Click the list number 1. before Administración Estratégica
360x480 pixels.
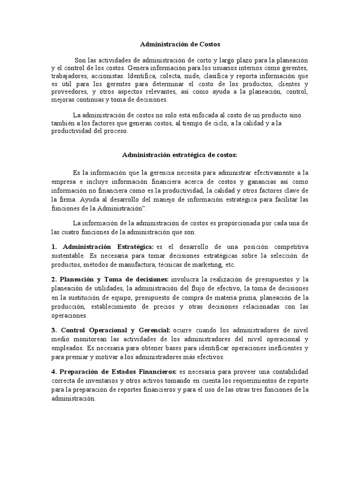54,247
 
